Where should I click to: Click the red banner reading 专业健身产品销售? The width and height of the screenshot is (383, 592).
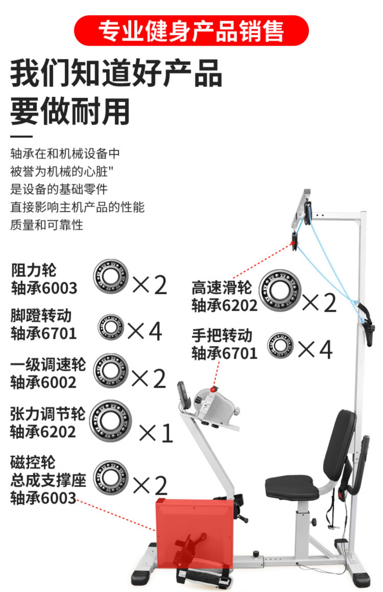[191, 31]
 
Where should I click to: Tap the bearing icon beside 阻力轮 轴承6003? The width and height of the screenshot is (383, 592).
[110, 276]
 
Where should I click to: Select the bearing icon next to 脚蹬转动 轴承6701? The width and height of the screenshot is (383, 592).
[111, 327]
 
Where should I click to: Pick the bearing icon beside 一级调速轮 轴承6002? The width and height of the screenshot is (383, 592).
[110, 370]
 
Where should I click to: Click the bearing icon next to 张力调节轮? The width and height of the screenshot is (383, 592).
[110, 421]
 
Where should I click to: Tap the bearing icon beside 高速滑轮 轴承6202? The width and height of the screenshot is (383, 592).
[280, 290]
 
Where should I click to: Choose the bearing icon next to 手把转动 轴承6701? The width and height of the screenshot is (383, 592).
[280, 345]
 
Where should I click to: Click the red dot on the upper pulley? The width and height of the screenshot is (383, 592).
[292, 243]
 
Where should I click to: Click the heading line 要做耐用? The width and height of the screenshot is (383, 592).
[70, 111]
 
